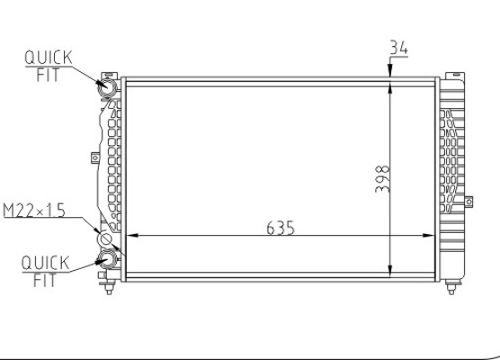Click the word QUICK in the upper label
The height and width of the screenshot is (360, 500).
[42, 58]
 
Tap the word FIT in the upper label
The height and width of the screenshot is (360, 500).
[47, 76]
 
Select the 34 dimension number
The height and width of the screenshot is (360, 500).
[399, 49]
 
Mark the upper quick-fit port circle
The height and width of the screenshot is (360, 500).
[104, 86]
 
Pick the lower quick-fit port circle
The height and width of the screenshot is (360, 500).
[106, 260]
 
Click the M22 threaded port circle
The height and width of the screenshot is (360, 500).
[104, 240]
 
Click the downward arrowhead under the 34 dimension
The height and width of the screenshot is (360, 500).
[390, 73]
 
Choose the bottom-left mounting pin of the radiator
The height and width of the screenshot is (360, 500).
[110, 289]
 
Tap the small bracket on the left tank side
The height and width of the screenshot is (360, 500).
[93, 157]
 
